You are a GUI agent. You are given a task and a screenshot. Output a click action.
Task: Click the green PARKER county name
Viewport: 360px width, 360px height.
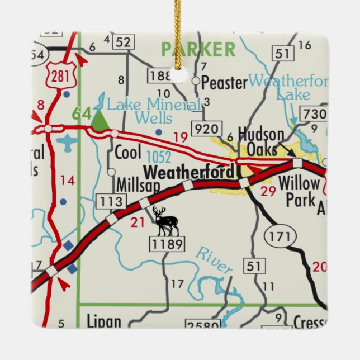tap(198, 49)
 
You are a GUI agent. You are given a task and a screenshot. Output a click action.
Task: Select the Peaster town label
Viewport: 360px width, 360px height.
tap(224, 83)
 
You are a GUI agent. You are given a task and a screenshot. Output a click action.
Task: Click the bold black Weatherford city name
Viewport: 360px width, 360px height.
tap(189, 172)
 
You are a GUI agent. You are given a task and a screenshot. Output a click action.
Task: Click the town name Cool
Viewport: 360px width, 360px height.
tap(127, 153)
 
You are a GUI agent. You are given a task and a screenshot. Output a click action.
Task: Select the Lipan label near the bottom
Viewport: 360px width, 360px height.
tap(104, 321)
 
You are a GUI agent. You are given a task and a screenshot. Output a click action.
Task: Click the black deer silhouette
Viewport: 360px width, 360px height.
tap(166, 221)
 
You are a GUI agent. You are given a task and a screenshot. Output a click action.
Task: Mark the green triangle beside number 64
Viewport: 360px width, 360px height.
tap(100, 121)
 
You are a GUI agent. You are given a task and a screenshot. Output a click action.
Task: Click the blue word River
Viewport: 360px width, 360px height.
tap(214, 260)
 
